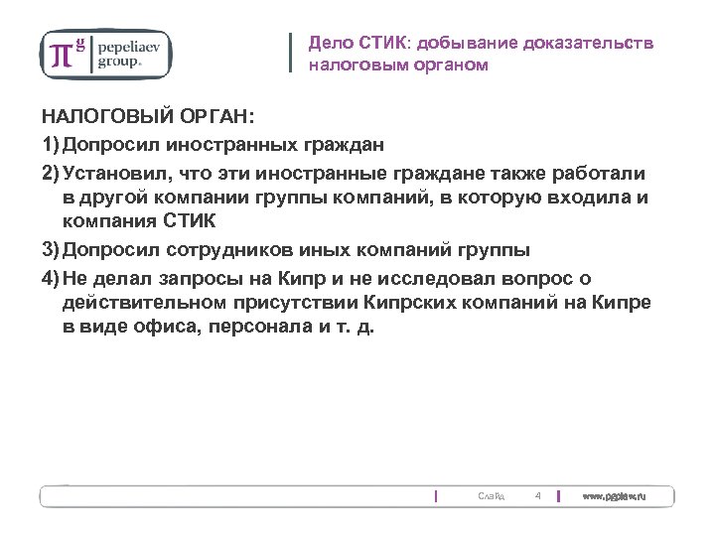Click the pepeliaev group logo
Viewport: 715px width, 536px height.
[x=104, y=54]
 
